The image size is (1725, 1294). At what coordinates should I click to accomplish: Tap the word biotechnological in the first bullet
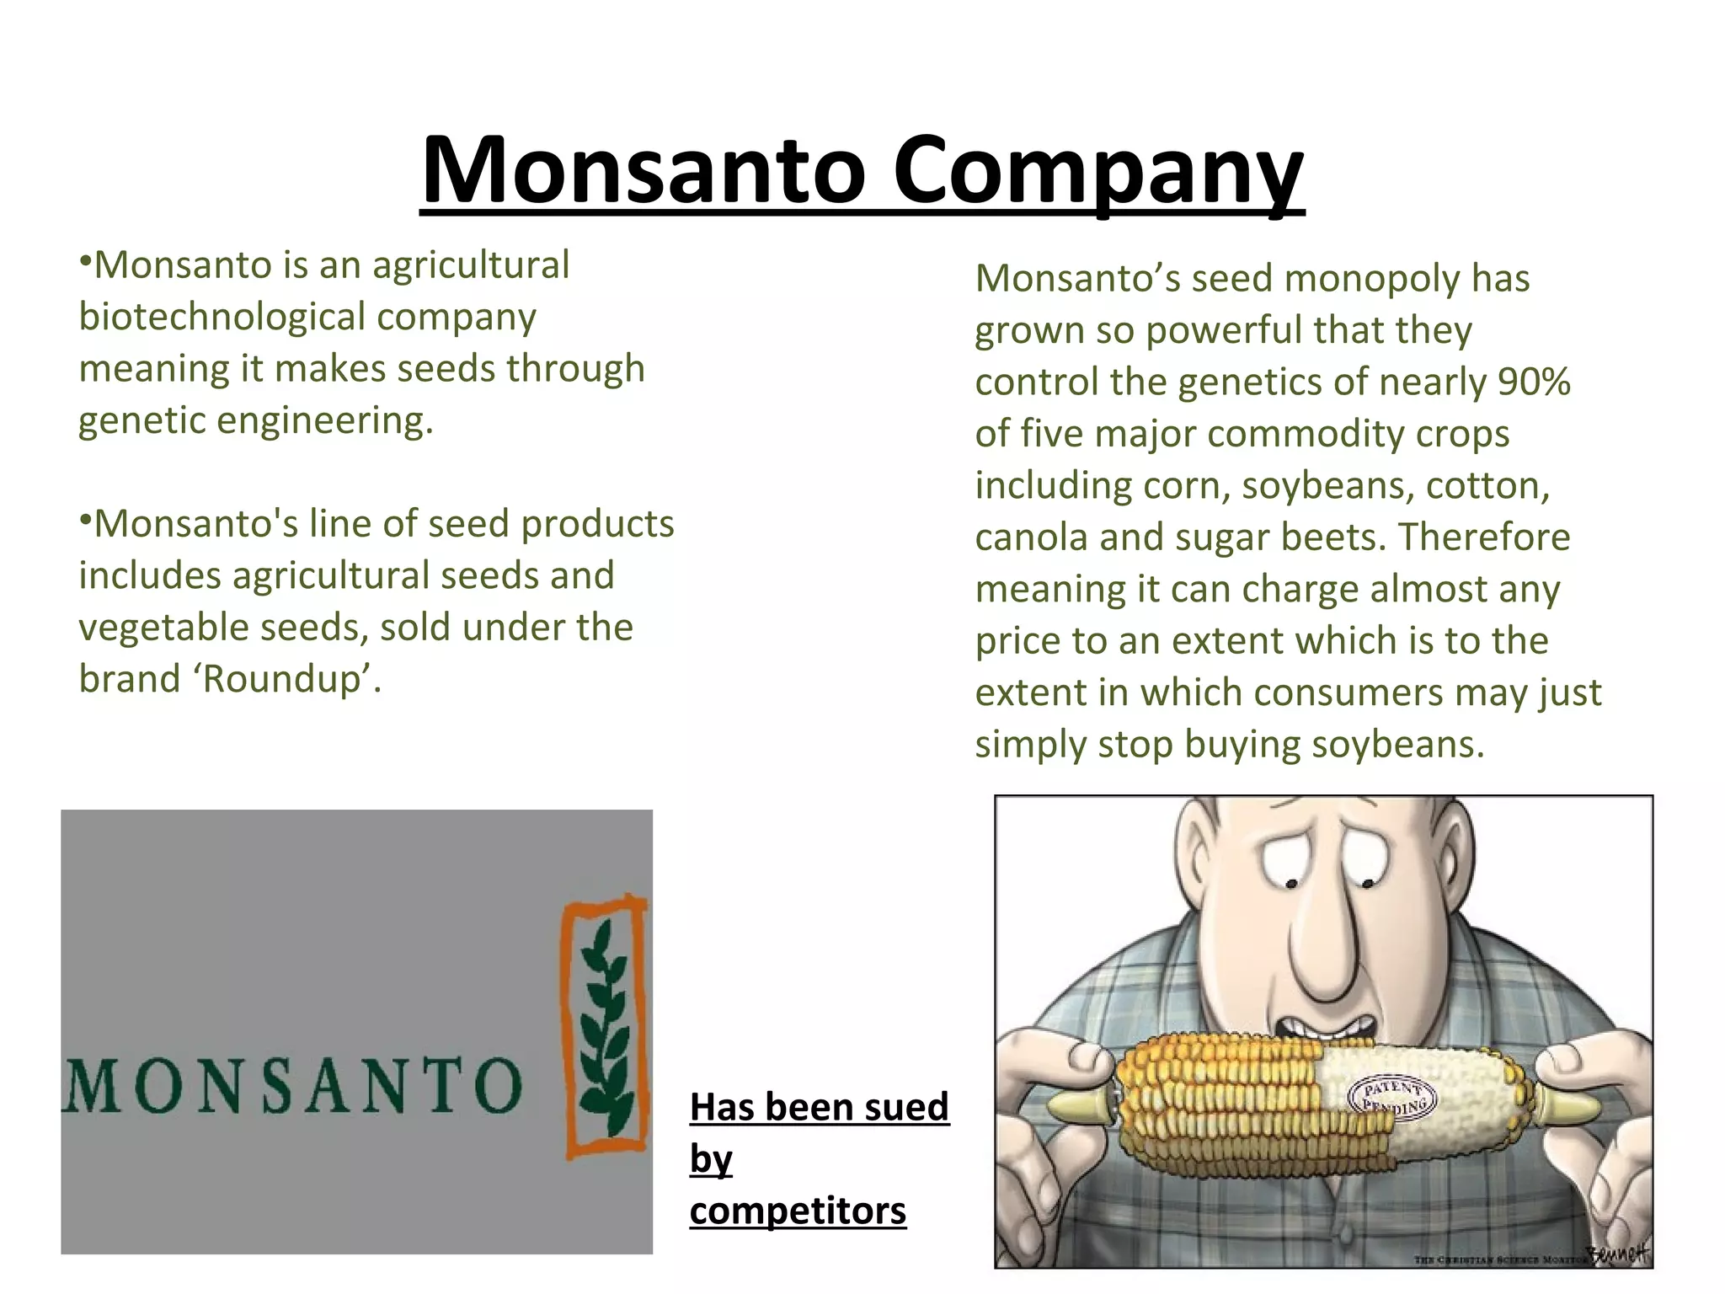(222, 317)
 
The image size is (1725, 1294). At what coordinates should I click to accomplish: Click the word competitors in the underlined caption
(798, 1211)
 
